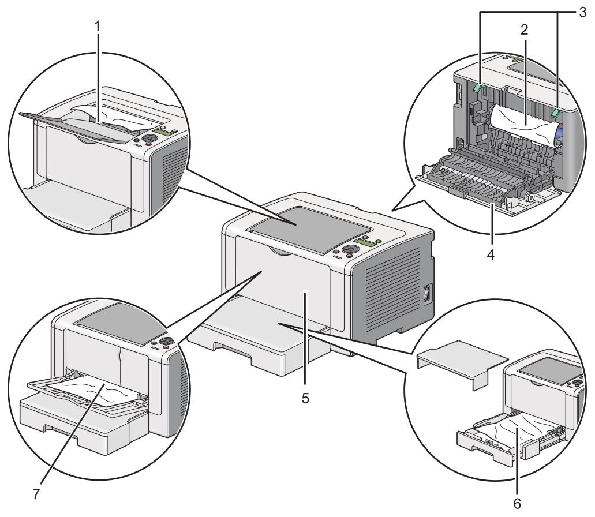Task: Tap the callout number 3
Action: tap(582, 9)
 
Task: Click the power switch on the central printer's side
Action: tap(427, 295)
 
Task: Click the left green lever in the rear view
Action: tap(477, 88)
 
